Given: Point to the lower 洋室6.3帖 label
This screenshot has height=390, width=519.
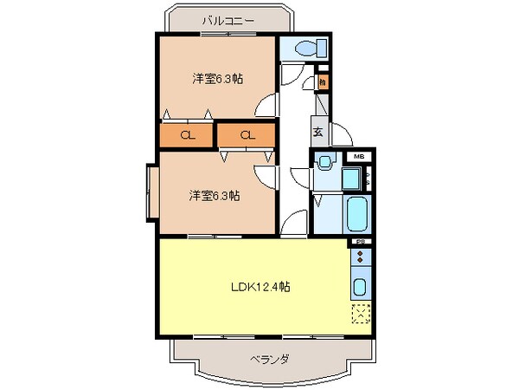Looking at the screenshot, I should (x=215, y=195).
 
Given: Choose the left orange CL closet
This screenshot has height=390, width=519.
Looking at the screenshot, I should (x=186, y=135).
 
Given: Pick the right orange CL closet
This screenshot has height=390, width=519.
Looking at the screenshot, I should (x=246, y=135).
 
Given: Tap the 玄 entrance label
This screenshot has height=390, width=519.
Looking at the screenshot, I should (x=317, y=133).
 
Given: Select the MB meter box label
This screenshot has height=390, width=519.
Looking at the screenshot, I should (x=358, y=156).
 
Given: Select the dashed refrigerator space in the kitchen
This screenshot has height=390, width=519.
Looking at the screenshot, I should (x=361, y=314).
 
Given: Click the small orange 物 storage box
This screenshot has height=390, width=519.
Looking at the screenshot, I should (x=321, y=83).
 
